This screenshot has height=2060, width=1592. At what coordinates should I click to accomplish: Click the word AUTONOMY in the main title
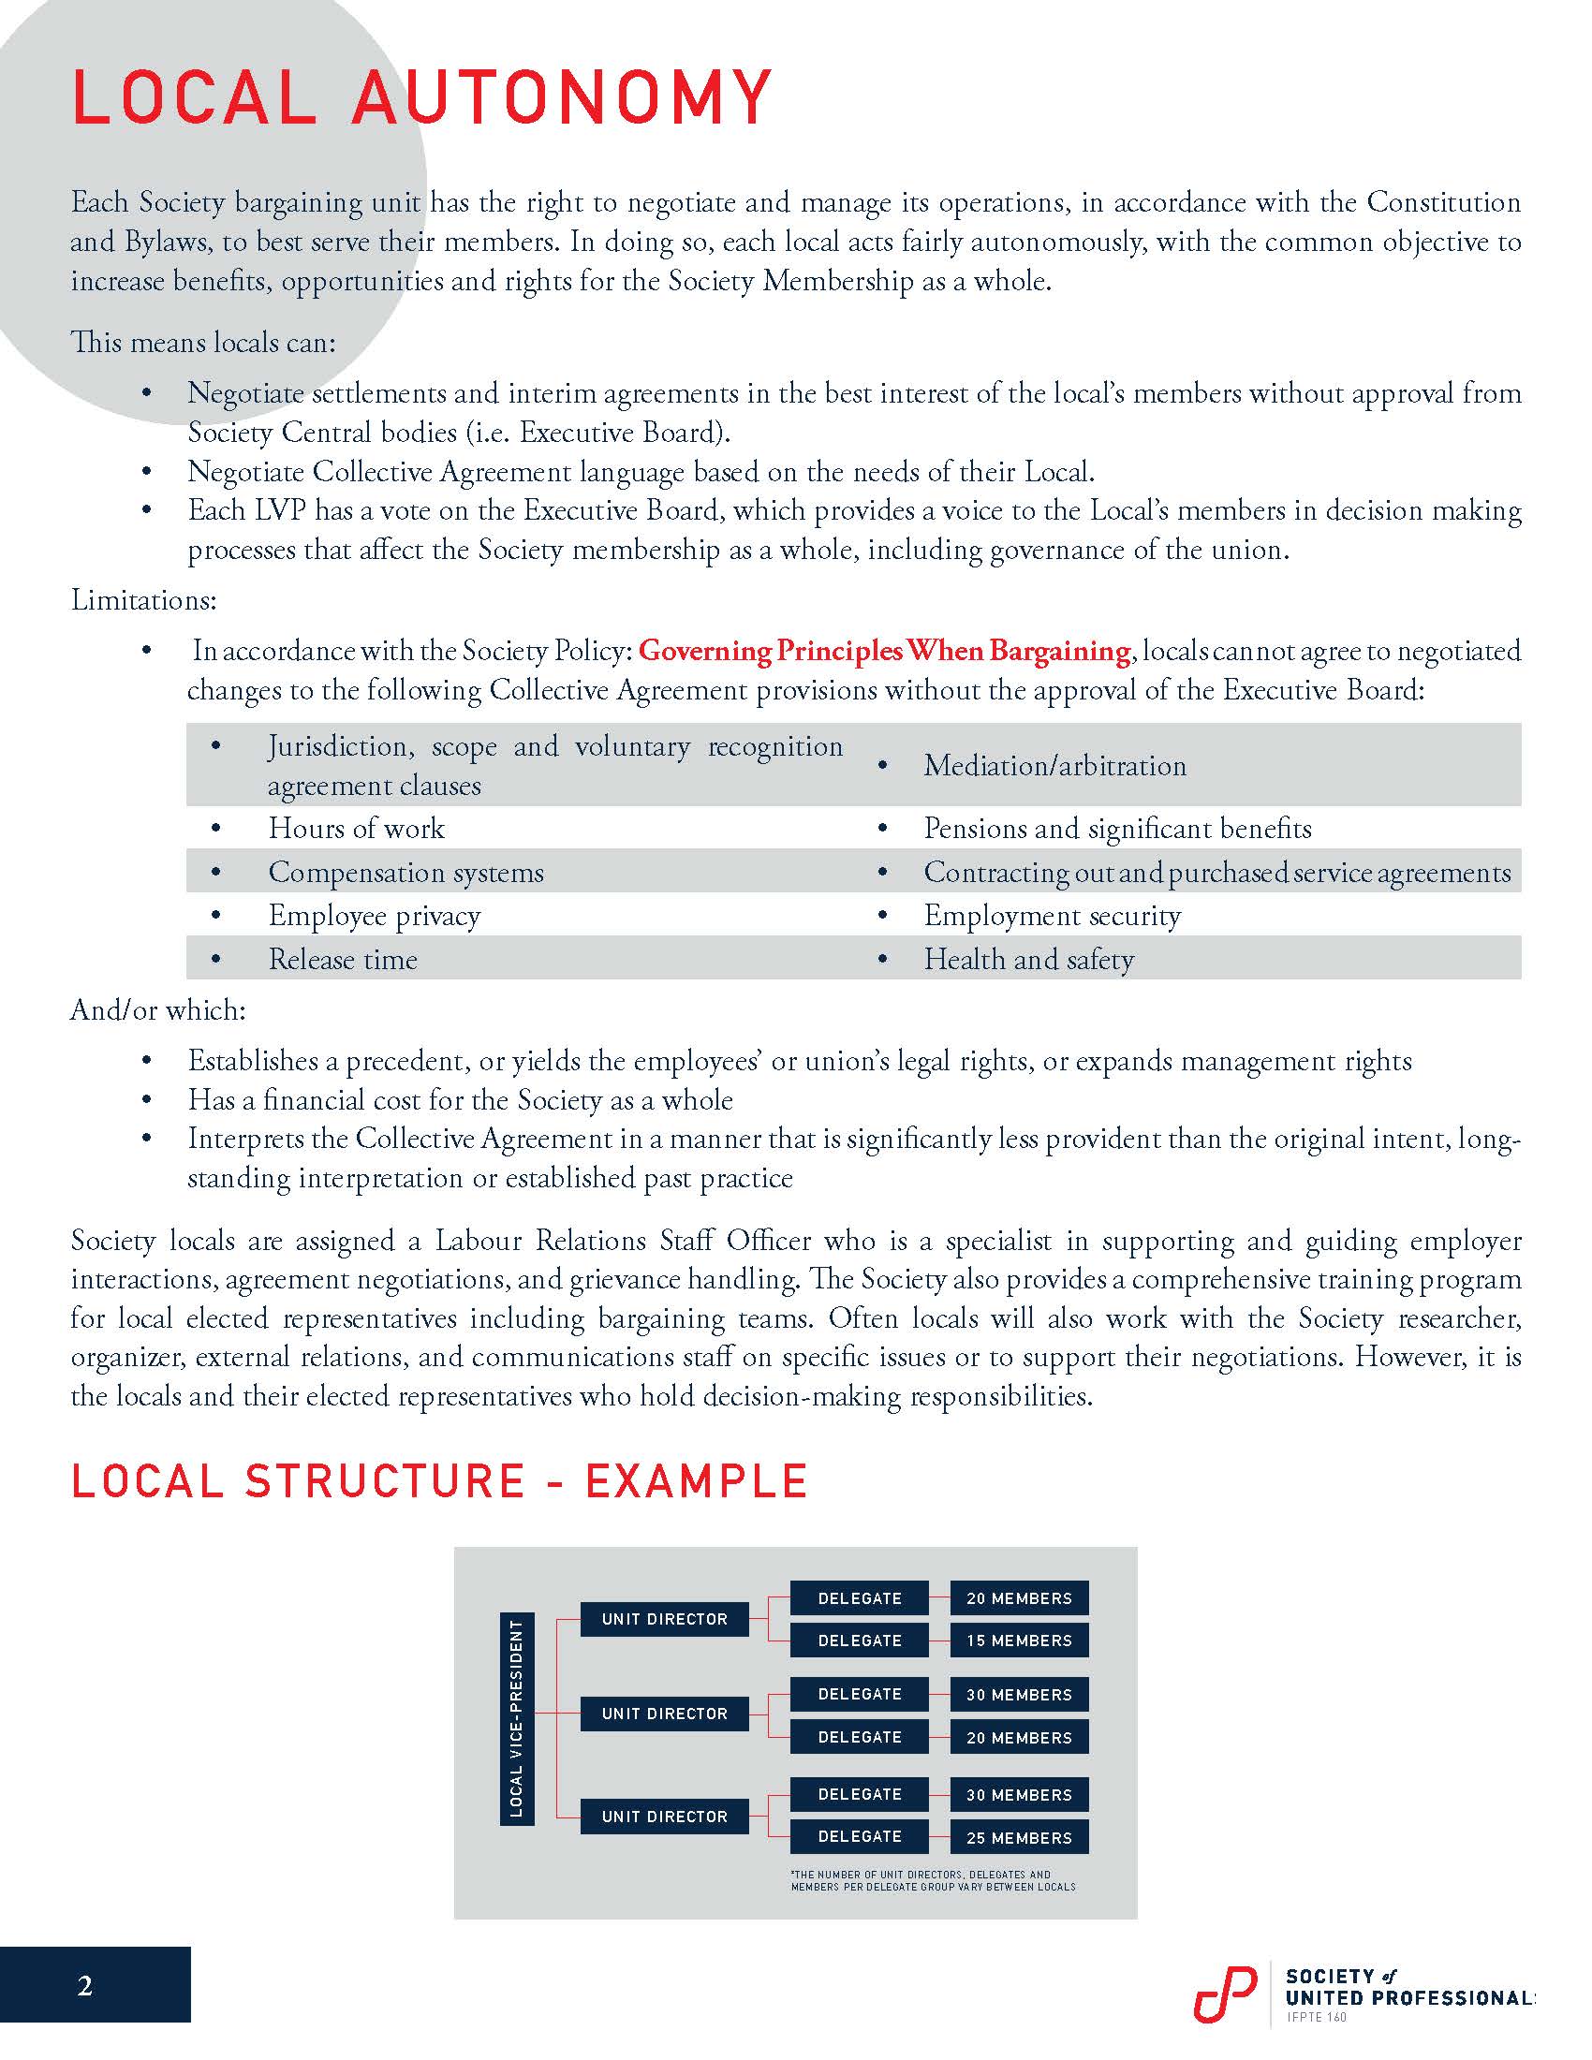click(562, 97)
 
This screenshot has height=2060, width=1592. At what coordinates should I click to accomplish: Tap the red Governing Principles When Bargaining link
click(884, 651)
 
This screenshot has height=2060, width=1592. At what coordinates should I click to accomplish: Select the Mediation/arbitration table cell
click(1054, 765)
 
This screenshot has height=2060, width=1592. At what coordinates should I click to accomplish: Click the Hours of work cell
click(356, 828)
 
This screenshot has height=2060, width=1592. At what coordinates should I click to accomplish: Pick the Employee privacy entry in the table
click(374, 915)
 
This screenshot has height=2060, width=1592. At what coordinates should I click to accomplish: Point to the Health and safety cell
click(1028, 959)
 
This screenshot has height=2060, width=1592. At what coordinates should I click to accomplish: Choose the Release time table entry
click(343, 959)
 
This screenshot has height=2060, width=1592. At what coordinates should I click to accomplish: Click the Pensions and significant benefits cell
click(1116, 828)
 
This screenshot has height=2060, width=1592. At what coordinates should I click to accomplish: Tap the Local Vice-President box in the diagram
click(516, 1718)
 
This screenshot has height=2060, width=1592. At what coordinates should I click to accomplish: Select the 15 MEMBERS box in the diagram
click(1019, 1641)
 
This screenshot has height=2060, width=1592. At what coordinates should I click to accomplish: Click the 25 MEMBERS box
click(1019, 1837)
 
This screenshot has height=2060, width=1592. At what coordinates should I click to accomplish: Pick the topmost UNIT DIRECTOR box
click(664, 1619)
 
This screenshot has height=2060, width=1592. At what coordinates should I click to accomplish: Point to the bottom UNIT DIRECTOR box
click(664, 1816)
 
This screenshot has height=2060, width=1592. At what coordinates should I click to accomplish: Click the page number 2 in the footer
click(85, 1986)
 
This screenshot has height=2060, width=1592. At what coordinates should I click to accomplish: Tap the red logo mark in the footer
click(1224, 1993)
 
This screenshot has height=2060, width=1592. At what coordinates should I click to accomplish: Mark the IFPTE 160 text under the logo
click(1317, 2017)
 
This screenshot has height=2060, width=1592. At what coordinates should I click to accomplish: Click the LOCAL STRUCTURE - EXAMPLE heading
click(438, 1481)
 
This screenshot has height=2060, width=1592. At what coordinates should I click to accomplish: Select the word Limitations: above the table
click(143, 600)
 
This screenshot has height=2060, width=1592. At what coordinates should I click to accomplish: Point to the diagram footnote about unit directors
click(932, 1880)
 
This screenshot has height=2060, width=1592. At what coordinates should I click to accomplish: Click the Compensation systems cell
click(405, 872)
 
